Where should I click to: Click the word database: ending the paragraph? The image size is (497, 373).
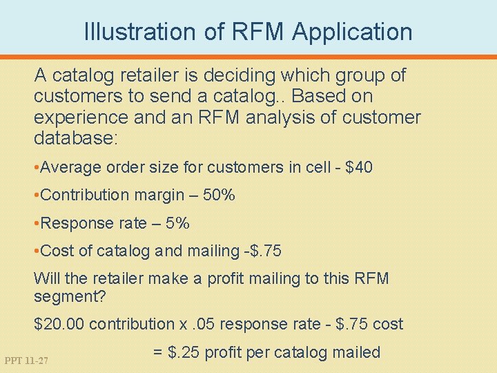77,139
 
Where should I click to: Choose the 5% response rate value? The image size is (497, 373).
178,223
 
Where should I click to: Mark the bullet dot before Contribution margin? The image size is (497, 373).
37,195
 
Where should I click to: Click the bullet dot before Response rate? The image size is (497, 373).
37,223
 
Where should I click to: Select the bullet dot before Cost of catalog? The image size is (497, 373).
37,251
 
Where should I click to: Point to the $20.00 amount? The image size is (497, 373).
59,324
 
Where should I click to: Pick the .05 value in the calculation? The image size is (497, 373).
199,324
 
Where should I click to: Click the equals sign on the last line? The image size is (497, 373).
157,352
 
